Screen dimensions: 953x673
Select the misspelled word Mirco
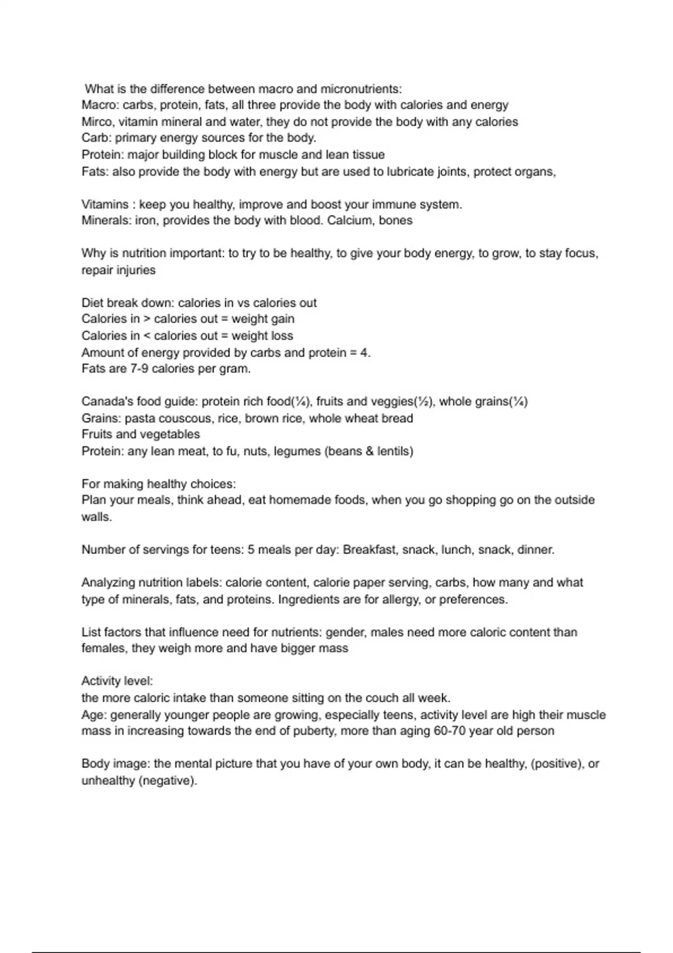point(96,122)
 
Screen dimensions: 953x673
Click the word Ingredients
point(308,600)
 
